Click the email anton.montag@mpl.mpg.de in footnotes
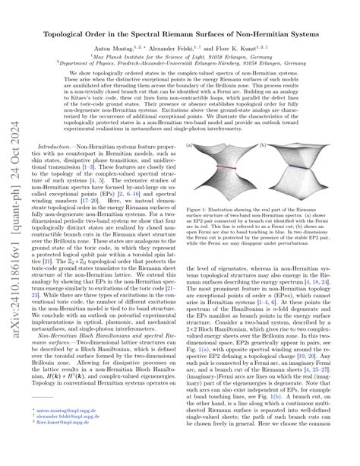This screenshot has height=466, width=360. (x=65, y=432)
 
